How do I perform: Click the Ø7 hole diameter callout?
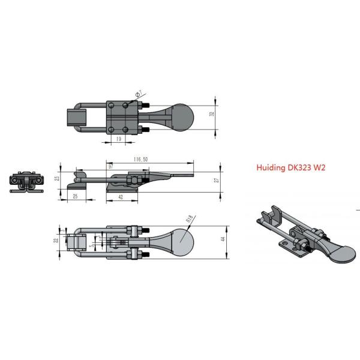click(137, 94)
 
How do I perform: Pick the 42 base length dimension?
click(122, 196)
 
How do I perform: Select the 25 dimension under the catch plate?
click(75, 196)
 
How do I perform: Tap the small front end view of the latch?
click(25, 182)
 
